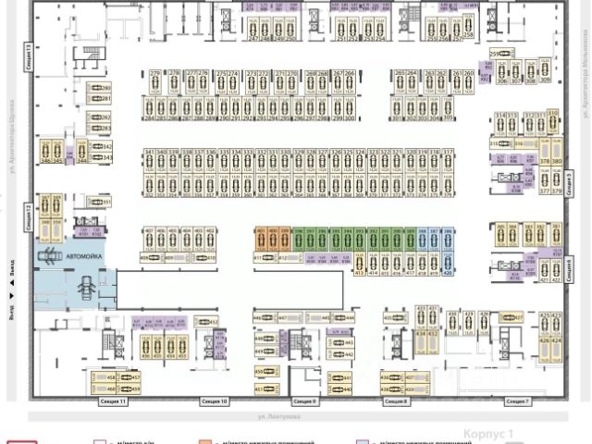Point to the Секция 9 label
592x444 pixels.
[305, 402]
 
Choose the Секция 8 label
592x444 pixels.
[396, 402]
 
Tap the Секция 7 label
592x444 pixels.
[517, 402]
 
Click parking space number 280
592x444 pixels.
[105, 87]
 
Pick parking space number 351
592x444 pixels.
[105, 202]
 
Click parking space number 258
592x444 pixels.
[469, 35]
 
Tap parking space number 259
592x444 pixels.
[494, 54]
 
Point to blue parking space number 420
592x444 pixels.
[448, 274]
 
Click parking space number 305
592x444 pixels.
[448, 118]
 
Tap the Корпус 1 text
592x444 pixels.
[487, 433]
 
